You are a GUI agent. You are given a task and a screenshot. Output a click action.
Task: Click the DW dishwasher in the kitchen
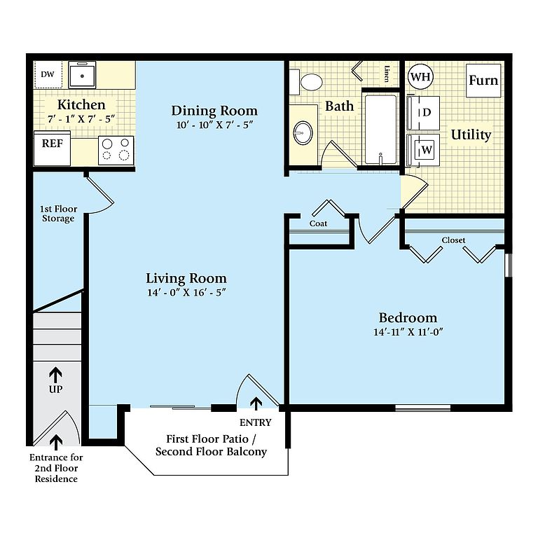click(x=48, y=74)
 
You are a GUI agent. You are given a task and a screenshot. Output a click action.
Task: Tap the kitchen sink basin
click(x=82, y=75)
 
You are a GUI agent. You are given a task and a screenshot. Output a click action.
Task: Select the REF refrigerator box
click(x=52, y=149)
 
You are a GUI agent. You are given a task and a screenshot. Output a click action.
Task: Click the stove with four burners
click(x=116, y=151)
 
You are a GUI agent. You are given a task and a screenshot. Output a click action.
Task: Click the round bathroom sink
click(x=303, y=133)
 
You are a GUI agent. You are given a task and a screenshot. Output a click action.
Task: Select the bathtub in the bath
click(x=380, y=130)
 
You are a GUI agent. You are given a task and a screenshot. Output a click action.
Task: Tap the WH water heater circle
click(x=420, y=77)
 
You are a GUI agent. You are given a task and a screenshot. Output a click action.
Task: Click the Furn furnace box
click(x=483, y=81)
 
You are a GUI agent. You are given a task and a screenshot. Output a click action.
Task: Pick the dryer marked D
click(x=423, y=113)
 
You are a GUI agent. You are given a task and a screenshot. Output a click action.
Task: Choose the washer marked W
click(x=423, y=150)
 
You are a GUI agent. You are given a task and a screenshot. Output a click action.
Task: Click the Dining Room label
click(x=214, y=111)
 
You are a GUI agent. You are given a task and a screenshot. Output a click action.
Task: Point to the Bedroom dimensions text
click(x=408, y=332)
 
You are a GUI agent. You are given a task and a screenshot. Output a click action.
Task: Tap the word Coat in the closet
click(x=318, y=223)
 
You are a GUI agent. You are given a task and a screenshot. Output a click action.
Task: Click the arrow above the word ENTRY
click(x=256, y=403)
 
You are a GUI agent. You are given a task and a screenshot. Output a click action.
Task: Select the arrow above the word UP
click(x=55, y=375)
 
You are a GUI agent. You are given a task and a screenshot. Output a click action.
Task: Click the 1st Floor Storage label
click(x=58, y=214)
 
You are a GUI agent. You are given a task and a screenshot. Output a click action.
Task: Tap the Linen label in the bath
click(x=387, y=74)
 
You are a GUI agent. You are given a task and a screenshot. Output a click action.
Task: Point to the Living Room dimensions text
click(x=186, y=292)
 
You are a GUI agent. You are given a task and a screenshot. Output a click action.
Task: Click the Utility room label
click(x=471, y=134)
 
